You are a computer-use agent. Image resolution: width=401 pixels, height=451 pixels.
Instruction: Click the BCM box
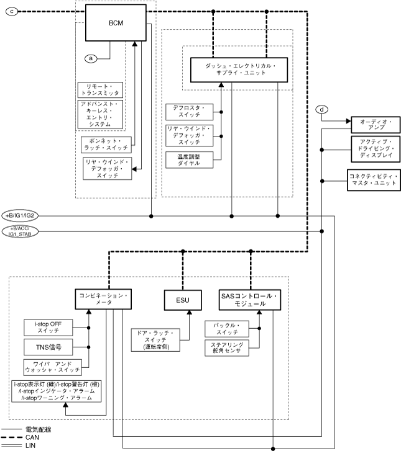115,24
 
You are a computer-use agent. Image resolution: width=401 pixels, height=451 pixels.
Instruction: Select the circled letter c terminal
13,11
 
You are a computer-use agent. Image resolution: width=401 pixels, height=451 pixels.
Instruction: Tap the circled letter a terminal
91,58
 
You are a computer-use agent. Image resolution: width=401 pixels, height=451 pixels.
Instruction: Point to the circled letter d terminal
322,110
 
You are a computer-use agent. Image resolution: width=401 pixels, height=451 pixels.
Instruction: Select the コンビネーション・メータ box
103,300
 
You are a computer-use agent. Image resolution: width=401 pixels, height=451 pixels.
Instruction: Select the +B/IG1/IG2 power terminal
22,215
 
